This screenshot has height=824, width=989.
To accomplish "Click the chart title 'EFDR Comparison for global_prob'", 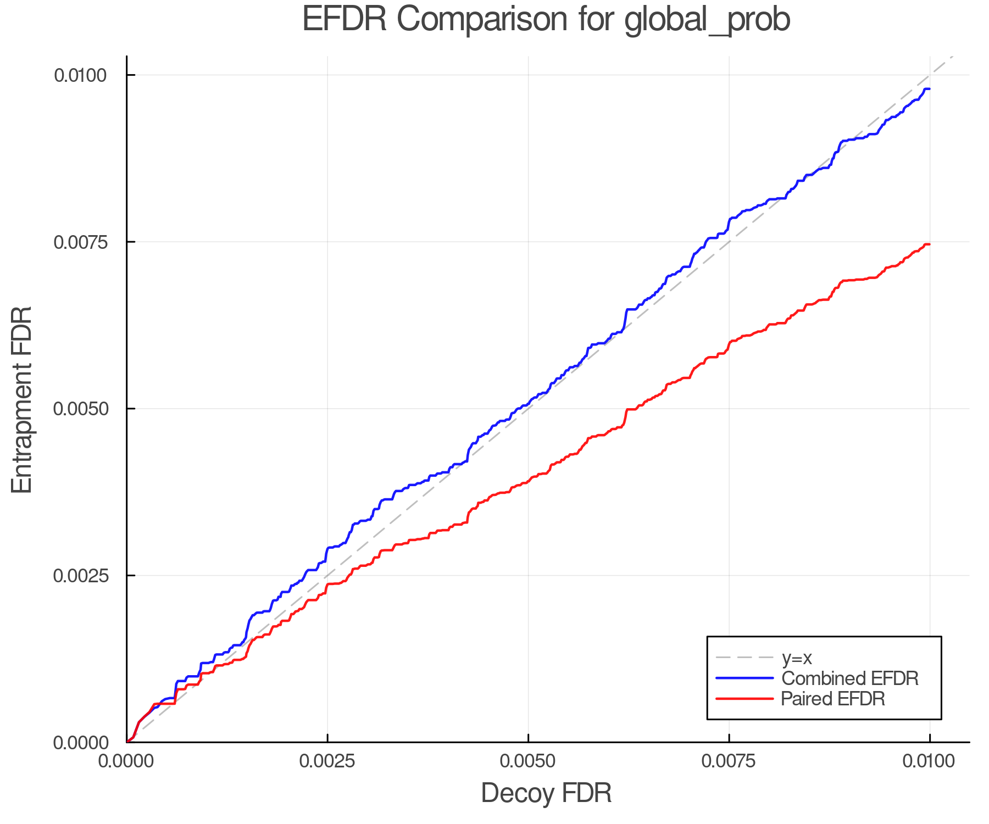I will point(546,20).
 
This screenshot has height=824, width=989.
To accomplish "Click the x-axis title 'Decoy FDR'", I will point(546,793).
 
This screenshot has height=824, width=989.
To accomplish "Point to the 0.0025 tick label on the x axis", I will point(327,761).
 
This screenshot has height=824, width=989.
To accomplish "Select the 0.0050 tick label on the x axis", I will point(528,761).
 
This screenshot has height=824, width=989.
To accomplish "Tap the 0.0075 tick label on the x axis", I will point(729,761).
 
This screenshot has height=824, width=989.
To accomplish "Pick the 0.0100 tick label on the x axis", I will point(930,761).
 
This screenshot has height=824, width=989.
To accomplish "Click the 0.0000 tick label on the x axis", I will point(126,761).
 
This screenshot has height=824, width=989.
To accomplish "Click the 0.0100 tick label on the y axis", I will point(80,75).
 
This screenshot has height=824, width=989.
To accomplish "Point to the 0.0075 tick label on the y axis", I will point(80,242).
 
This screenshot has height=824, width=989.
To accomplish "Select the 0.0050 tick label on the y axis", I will point(80,409).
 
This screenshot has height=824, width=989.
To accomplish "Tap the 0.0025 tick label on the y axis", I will point(80,576).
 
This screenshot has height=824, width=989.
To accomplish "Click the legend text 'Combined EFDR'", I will point(849,678).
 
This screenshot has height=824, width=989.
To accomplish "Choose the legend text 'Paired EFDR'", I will point(833,699).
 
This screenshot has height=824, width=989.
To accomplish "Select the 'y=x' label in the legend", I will point(797,658).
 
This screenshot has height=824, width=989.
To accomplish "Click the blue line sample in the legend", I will point(744,678).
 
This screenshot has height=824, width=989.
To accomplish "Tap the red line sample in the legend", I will point(744,699).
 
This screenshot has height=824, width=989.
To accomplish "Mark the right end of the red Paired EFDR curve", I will point(929,244).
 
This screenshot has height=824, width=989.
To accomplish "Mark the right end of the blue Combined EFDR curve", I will point(929,88).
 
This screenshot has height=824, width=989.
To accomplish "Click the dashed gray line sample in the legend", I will point(744,658).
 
